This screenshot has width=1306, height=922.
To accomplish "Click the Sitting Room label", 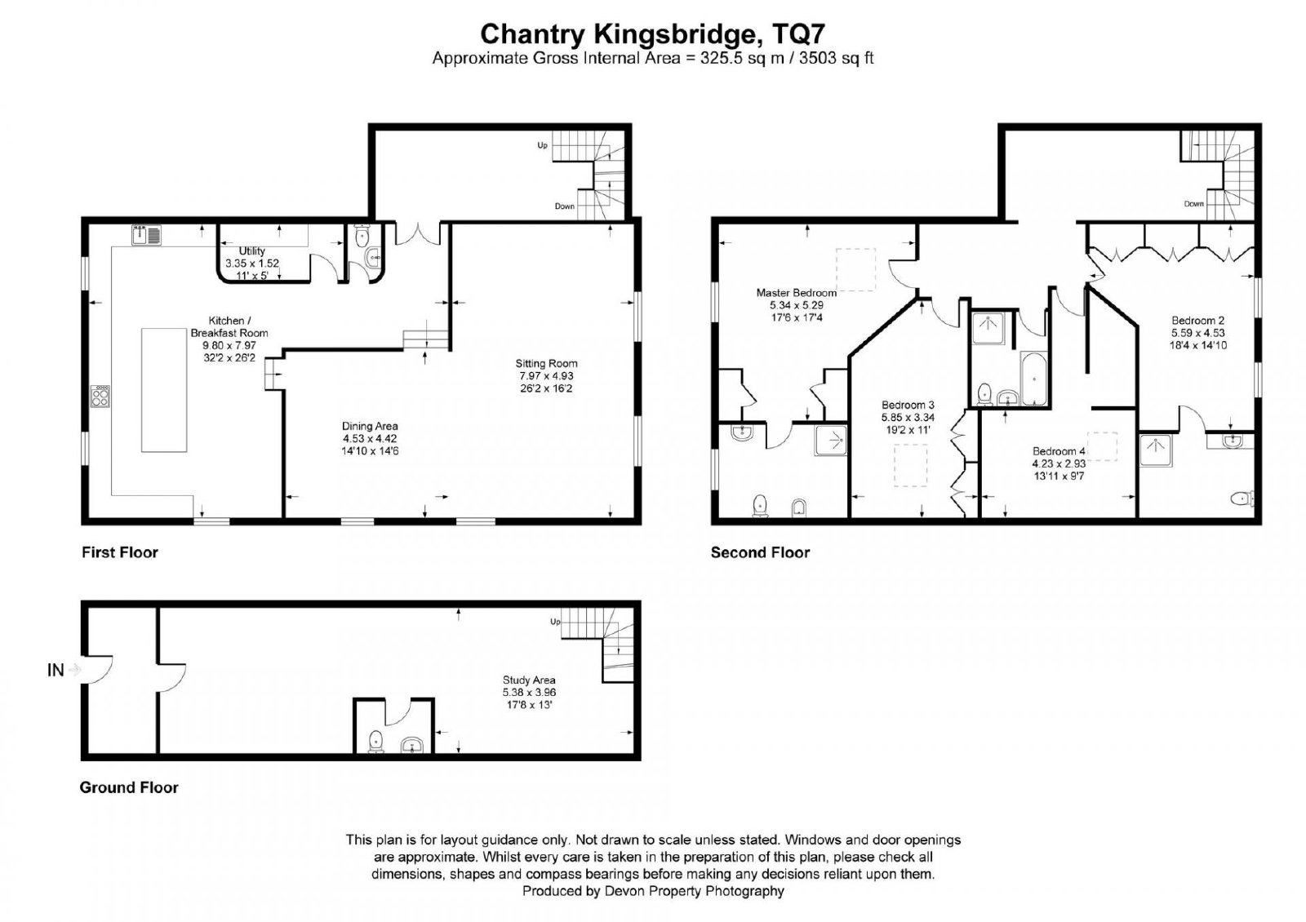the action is click(x=546, y=375).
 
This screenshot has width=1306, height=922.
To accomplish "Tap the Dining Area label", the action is click(x=371, y=438).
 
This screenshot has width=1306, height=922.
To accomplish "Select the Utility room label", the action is click(x=252, y=263).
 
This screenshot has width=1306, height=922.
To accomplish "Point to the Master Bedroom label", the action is click(x=797, y=305).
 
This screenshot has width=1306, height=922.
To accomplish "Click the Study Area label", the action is click(x=530, y=693).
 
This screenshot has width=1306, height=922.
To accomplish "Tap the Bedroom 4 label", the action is click(x=1059, y=463).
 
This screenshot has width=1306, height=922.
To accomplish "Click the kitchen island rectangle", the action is click(x=164, y=390).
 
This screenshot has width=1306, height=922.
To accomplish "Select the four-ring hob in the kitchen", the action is click(x=100, y=397).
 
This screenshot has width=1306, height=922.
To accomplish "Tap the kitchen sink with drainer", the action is click(x=146, y=235).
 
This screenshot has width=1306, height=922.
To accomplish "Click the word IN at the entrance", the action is click(x=56, y=670).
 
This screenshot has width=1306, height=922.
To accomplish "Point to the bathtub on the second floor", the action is click(x=1033, y=379).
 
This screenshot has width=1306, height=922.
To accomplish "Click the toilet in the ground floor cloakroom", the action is click(x=376, y=742).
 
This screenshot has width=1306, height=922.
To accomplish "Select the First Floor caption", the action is click(x=119, y=552).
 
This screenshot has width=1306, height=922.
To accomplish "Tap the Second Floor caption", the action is click(x=760, y=552).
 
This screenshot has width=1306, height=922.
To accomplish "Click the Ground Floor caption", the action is click(x=129, y=787).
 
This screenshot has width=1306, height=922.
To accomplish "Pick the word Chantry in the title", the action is click(x=532, y=34).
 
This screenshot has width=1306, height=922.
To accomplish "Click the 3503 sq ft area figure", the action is click(x=836, y=58).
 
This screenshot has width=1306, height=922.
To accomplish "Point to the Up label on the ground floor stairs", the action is click(x=555, y=622).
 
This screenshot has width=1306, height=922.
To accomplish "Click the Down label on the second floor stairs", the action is click(x=1194, y=203).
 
